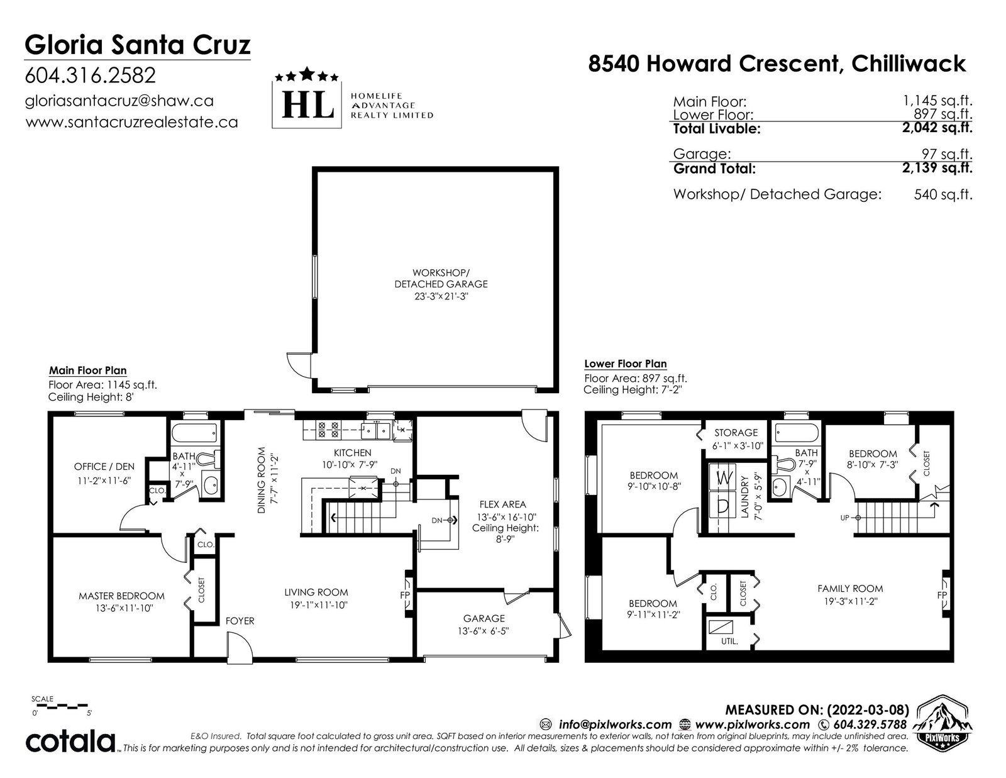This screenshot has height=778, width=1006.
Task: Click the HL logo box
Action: [306, 104]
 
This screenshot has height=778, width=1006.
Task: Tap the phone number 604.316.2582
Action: [91, 75]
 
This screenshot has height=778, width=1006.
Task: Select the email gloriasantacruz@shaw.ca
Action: [119, 101]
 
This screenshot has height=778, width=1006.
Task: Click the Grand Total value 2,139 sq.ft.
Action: [937, 167]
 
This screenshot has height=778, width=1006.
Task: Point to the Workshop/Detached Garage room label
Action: [441, 279]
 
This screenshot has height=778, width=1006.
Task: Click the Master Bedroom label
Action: [121, 596]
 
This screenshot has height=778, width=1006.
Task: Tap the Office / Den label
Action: [104, 466]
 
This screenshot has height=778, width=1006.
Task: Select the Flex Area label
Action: [502, 504]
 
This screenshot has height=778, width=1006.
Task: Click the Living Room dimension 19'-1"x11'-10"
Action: [316, 605]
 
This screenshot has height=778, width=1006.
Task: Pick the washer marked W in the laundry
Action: [723, 477]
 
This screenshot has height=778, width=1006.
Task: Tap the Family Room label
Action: [850, 589]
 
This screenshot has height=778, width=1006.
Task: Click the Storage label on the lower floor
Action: [736, 433]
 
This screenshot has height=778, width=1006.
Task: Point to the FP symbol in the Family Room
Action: [942, 595]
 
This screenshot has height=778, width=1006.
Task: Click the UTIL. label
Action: [729, 642]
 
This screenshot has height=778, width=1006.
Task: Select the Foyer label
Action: [240, 621]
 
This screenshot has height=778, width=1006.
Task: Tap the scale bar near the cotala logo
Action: [60, 706]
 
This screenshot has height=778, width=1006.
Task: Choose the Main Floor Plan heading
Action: [87, 370]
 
